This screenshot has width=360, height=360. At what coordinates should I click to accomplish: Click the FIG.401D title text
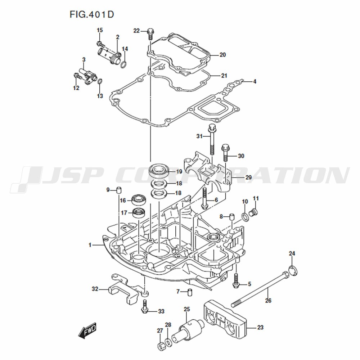(92, 15)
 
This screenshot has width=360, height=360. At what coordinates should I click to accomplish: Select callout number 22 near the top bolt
(136, 31)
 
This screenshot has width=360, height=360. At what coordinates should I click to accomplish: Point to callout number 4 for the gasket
(255, 81)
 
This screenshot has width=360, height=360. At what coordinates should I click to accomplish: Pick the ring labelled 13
(100, 82)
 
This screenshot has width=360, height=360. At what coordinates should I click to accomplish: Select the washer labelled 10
(245, 216)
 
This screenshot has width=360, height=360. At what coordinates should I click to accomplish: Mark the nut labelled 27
(160, 346)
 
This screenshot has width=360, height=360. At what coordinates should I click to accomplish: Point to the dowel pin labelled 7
(190, 292)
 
